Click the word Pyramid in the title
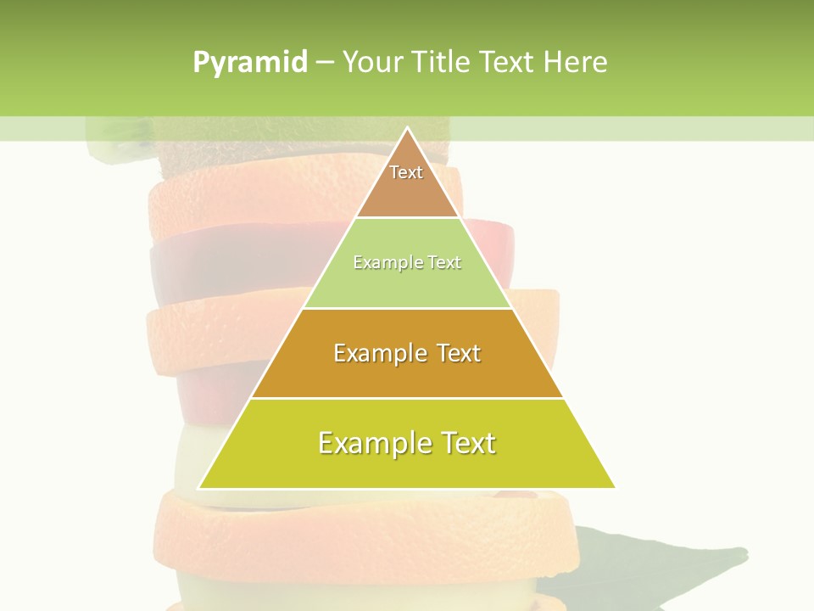(250, 63)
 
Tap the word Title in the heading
(443, 63)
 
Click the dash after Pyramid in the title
(324, 63)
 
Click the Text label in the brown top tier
(406, 172)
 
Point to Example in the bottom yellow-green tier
(368, 443)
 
